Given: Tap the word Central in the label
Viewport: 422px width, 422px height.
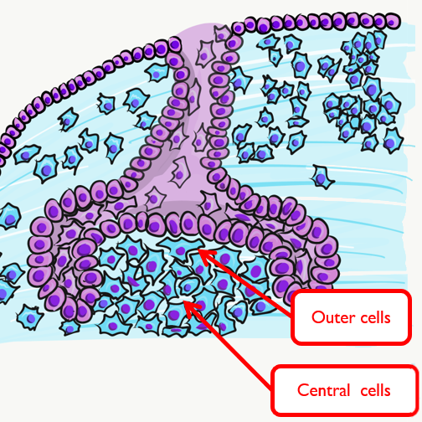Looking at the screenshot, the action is click(x=323, y=390).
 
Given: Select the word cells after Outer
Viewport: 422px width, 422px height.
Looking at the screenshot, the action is click(x=376, y=317).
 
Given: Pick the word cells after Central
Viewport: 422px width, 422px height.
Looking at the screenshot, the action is click(x=375, y=390).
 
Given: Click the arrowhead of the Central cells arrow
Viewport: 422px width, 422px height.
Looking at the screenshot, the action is click(x=192, y=308).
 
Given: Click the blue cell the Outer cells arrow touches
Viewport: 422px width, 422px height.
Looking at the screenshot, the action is click(x=181, y=248).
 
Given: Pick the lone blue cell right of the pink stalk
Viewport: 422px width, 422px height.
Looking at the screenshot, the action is click(x=322, y=177).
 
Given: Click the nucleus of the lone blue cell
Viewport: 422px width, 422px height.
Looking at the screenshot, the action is click(x=321, y=178).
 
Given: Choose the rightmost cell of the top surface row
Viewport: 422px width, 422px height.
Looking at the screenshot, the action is click(x=393, y=20).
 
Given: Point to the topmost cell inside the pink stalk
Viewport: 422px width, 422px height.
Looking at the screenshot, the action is click(x=222, y=34).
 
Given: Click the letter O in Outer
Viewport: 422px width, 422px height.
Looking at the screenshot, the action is click(x=318, y=317).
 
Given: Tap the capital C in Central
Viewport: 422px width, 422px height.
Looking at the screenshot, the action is click(x=302, y=390).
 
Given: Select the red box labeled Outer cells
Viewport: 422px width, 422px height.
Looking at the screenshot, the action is click(x=351, y=317).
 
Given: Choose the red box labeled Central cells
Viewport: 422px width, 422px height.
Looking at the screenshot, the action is click(x=345, y=390).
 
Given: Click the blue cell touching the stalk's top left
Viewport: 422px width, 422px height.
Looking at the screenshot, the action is click(x=157, y=72).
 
